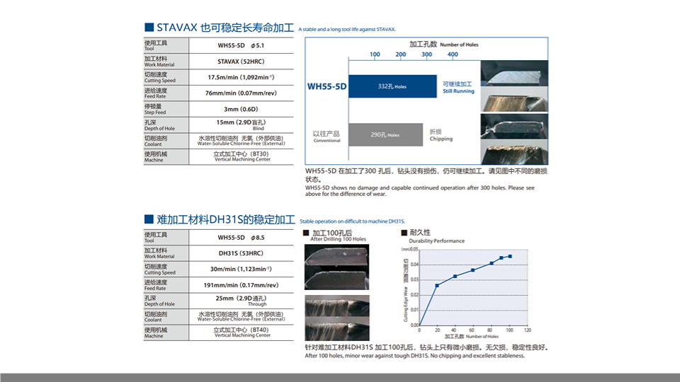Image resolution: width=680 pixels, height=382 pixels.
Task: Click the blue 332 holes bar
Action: pyautogui.click(x=394, y=86)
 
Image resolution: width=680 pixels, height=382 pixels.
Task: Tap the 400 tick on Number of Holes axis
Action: pyautogui.click(x=453, y=54)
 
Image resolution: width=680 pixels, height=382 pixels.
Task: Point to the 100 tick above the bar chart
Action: pyautogui.click(x=375, y=54)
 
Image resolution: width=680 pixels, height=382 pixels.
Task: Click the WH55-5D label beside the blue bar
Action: pyautogui.click(x=327, y=86)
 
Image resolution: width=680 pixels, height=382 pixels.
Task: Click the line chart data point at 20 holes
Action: pyautogui.click(x=437, y=285)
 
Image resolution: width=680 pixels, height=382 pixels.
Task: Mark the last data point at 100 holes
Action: pyautogui.click(x=509, y=256)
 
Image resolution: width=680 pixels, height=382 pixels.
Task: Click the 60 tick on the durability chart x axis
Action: pyautogui.click(x=473, y=330)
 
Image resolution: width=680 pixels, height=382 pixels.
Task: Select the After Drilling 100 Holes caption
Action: pyautogui.click(x=339, y=240)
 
